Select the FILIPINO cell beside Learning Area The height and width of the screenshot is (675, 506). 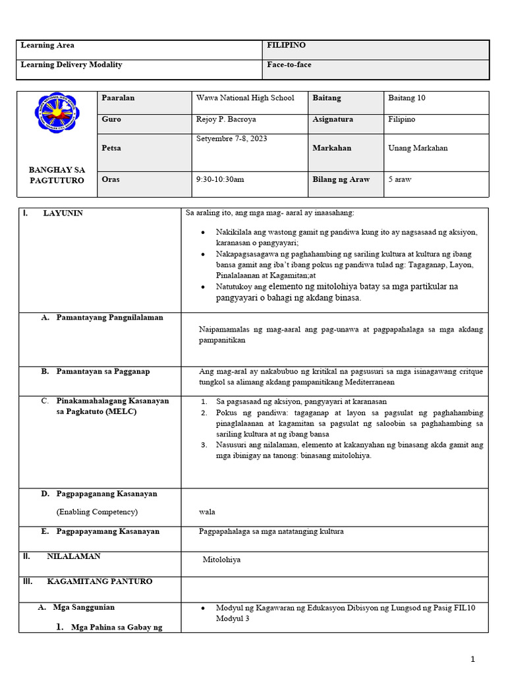click(286, 45)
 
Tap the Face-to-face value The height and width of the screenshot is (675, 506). click(289, 65)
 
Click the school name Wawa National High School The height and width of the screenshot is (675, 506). click(245, 98)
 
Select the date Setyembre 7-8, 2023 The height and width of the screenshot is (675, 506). click(232, 139)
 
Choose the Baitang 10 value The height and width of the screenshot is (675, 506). click(407, 98)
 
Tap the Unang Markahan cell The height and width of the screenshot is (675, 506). click(418, 148)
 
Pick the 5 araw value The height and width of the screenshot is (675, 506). click(400, 179)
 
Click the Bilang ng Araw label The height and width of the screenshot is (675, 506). click(341, 179)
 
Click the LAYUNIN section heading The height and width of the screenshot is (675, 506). click(63, 214)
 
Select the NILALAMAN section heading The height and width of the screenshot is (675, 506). click(73, 556)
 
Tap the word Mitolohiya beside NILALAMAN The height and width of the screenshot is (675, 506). click(221, 560)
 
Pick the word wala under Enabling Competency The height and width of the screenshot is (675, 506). click(207, 512)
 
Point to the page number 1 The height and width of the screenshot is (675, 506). click(472, 659)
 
